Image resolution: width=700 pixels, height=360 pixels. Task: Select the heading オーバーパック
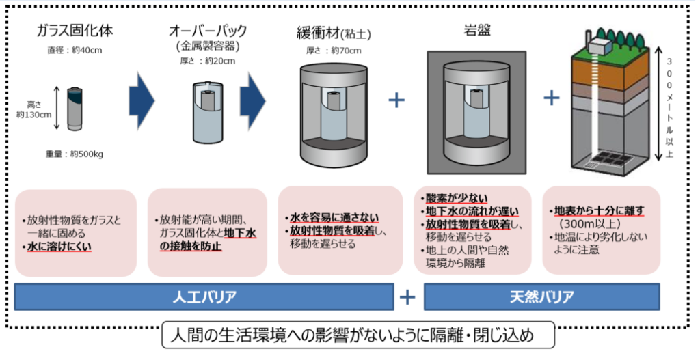(207, 31)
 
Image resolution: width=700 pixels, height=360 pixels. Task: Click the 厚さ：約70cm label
(334, 50)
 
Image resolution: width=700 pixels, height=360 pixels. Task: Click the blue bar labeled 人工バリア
(204, 297)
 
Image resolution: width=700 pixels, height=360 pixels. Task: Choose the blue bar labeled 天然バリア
(541, 297)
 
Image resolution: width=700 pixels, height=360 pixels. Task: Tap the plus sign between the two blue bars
(407, 297)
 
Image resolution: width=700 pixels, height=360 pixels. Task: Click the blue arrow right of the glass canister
(142, 100)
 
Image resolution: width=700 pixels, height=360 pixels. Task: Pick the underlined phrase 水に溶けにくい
(58, 245)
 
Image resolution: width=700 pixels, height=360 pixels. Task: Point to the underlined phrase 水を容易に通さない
(333, 218)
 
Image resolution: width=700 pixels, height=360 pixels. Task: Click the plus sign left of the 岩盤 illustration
(396, 100)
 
